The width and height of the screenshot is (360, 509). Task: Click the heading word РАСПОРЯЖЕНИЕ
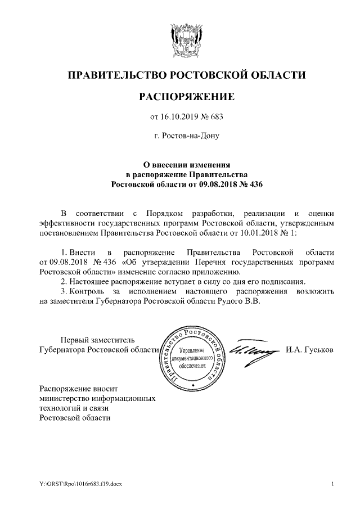[186, 97]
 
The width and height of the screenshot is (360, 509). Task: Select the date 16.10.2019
[179, 118]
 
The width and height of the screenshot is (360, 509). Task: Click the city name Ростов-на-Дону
[186, 136]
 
